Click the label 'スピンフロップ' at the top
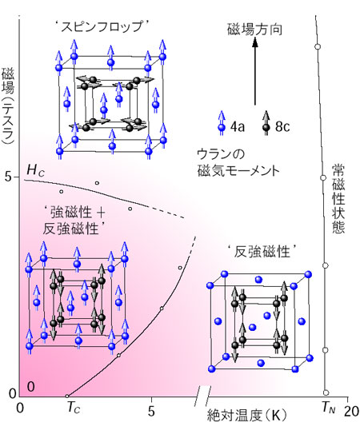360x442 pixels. pos(102,27)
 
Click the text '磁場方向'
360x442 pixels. pos(254,30)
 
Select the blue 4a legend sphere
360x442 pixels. pos(222,128)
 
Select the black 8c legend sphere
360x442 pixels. pos(266,128)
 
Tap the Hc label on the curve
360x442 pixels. pos(35,170)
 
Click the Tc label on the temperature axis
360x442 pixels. pos(73,408)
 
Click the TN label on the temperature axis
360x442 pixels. pos(329,408)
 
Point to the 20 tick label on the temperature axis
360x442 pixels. pos(351,412)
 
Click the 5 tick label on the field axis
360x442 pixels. pos(9,177)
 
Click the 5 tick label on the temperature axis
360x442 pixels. pos(151,412)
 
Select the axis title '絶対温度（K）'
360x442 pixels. pos(247,415)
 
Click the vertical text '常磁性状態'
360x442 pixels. pos(338,199)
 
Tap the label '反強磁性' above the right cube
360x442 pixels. pos(262,252)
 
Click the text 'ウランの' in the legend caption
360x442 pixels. pos(221,154)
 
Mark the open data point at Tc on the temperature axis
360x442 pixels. pos(67,396)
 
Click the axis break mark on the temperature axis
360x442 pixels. pos(202,396)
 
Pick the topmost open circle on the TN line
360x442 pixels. pos(318,46)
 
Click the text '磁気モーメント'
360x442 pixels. pos(238,170)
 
